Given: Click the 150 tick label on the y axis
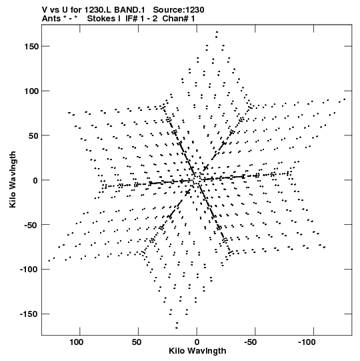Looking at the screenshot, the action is click(31, 47).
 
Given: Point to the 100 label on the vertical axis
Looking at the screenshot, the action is click(31, 91).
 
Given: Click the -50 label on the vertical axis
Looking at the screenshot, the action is click(31, 225).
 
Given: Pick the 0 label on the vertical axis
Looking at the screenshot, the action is click(35, 180).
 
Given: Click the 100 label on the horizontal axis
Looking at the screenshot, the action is click(77, 342).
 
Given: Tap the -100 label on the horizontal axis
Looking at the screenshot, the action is click(307, 342).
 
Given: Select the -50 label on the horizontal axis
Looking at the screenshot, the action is click(250, 342).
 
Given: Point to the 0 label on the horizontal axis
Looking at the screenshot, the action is click(197, 342).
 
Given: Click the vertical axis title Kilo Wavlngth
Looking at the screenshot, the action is click(13, 179).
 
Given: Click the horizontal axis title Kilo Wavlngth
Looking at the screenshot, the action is click(197, 351).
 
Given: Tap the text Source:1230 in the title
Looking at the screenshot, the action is click(179, 10).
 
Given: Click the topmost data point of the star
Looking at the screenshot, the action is click(217, 32).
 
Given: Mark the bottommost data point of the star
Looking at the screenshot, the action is click(177, 328).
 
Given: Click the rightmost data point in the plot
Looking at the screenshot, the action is click(345, 99).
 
